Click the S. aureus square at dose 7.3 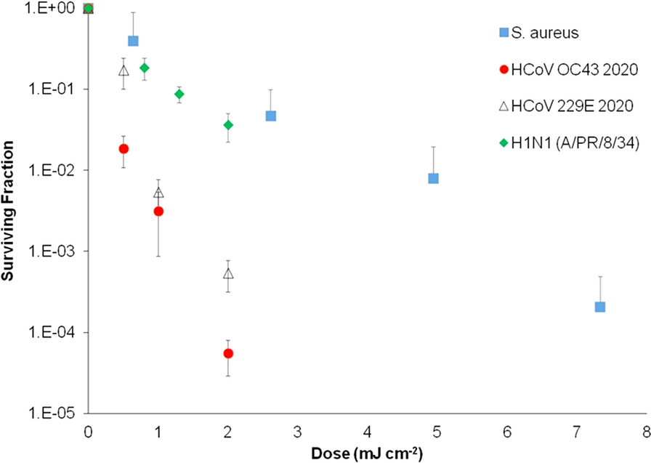600,307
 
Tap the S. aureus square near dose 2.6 271,116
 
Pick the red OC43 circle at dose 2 228,353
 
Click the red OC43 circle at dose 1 158,211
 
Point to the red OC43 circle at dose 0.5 124,148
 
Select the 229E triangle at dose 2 228,274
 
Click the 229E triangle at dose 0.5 124,71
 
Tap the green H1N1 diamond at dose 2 228,125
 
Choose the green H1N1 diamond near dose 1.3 179,94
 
